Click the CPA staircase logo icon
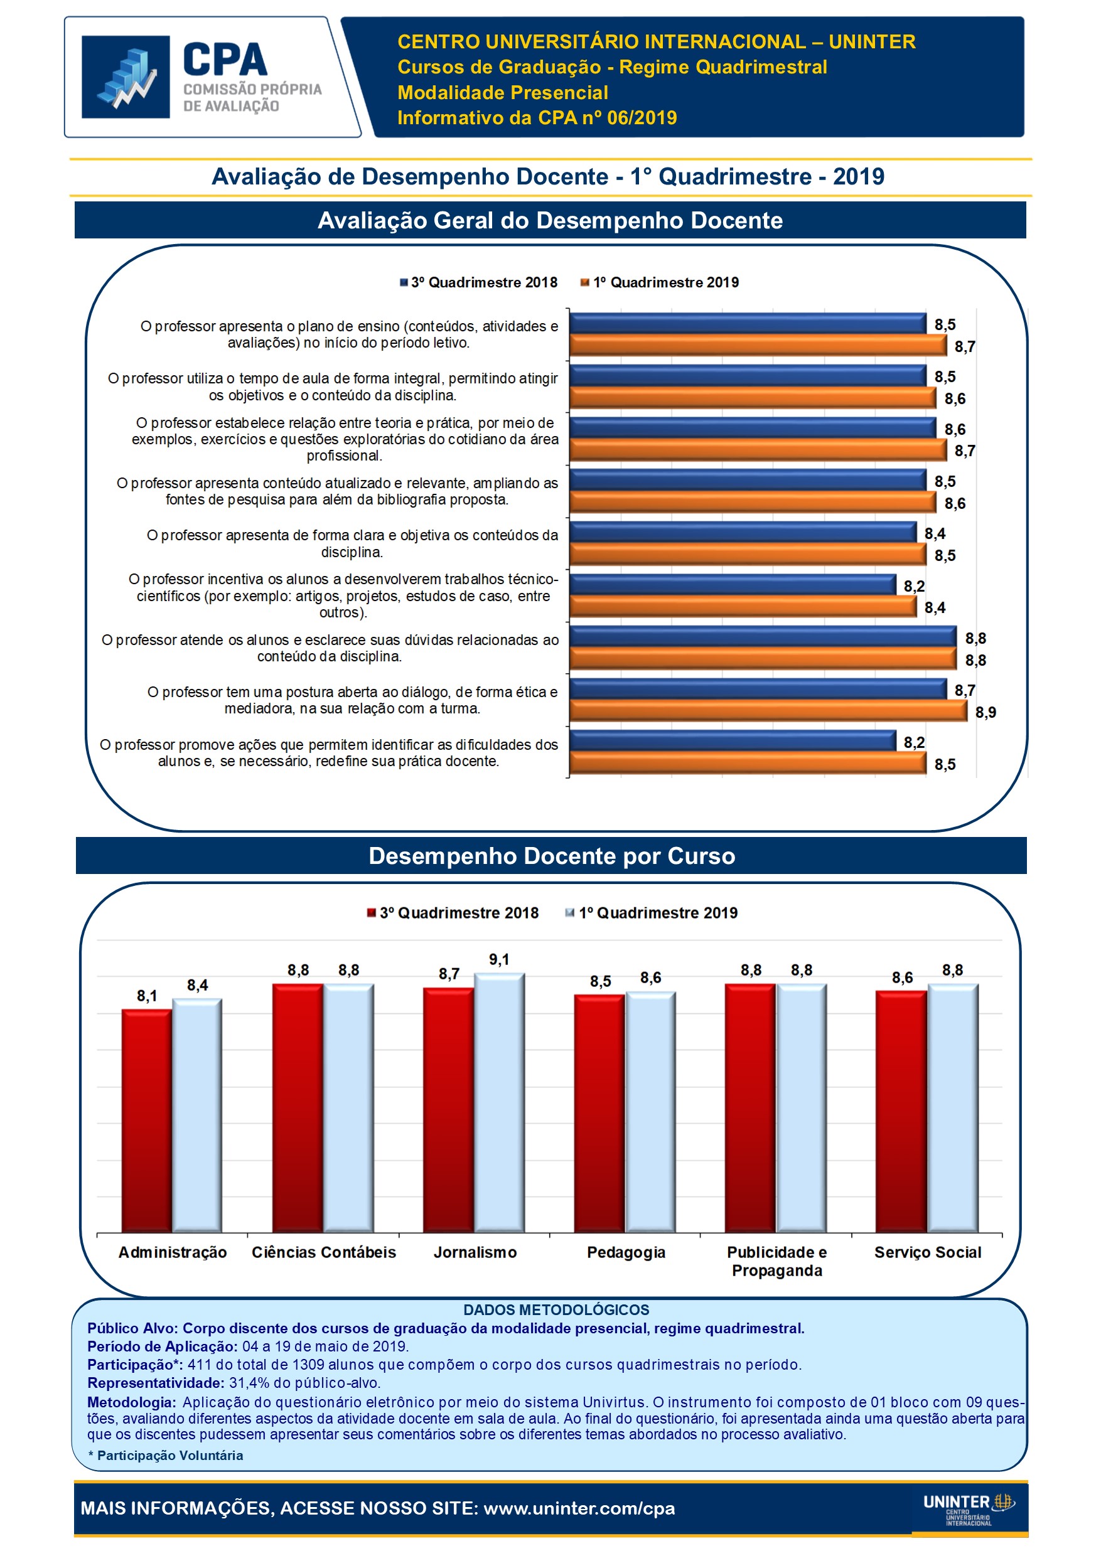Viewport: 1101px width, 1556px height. (x=126, y=77)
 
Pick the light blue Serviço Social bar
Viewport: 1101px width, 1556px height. (x=952, y=1108)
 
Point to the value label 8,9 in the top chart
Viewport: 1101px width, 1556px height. (x=985, y=712)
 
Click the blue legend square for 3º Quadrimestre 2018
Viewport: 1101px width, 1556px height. (x=404, y=282)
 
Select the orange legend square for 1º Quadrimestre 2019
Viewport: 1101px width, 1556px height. (x=584, y=282)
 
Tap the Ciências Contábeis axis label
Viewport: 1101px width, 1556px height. (x=323, y=1252)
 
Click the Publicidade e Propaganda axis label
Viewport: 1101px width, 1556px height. (x=777, y=1261)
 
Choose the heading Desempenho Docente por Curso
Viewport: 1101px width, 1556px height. (x=551, y=856)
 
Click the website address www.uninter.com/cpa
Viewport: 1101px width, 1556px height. (x=579, y=1508)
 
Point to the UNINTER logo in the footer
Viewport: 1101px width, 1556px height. (x=968, y=1508)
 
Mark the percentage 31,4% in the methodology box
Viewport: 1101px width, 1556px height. (x=248, y=1382)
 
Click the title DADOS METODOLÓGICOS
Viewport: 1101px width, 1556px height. (x=556, y=1310)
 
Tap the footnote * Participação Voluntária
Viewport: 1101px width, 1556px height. (x=166, y=1455)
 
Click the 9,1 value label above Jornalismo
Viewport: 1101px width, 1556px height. (x=499, y=959)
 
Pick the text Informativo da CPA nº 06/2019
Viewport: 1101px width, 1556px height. (x=537, y=118)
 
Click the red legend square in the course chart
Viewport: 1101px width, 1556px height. (x=372, y=913)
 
